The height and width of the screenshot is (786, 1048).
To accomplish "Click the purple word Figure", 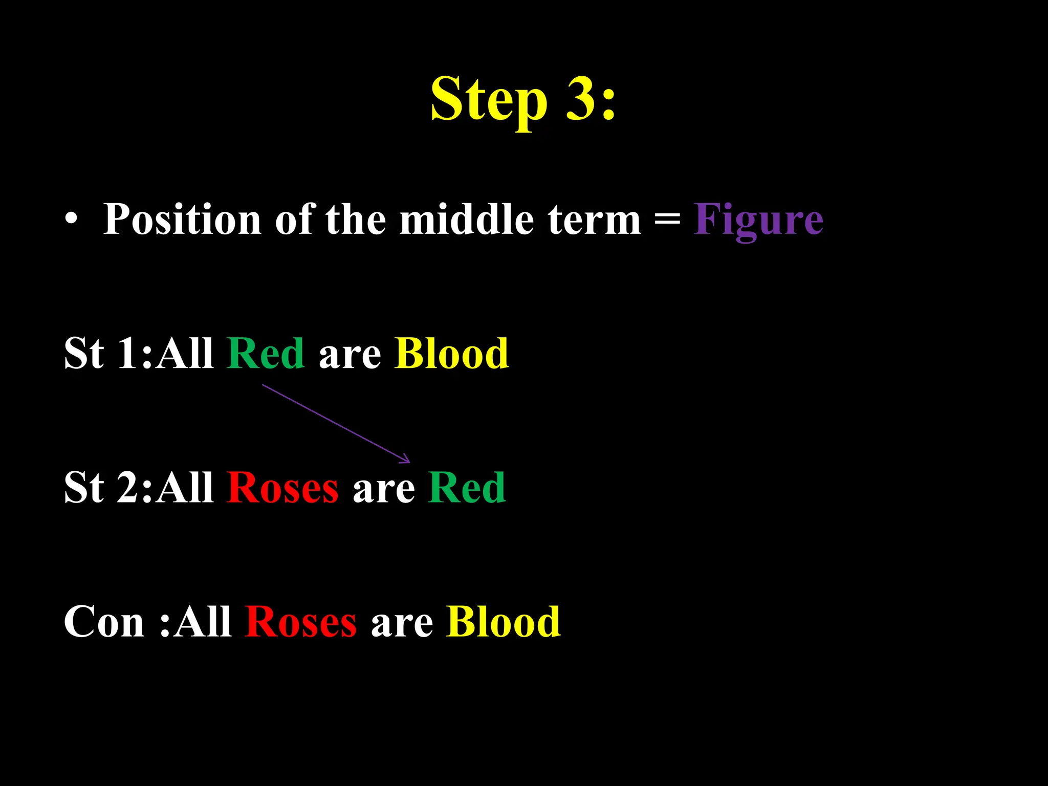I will click(x=758, y=220).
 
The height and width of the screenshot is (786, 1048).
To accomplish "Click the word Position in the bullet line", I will click(x=182, y=220).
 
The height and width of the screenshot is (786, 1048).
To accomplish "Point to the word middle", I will click(x=466, y=220).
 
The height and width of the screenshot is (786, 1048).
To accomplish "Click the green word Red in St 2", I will click(x=467, y=488).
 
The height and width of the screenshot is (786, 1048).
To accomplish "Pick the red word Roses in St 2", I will click(x=282, y=488).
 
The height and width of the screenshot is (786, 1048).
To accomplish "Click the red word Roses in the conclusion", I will click(x=300, y=622).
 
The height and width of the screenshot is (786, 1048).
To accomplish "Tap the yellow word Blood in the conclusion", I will click(x=503, y=622).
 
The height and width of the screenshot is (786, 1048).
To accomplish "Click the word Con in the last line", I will click(x=104, y=622).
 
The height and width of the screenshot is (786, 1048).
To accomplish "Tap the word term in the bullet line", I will click(x=594, y=220).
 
